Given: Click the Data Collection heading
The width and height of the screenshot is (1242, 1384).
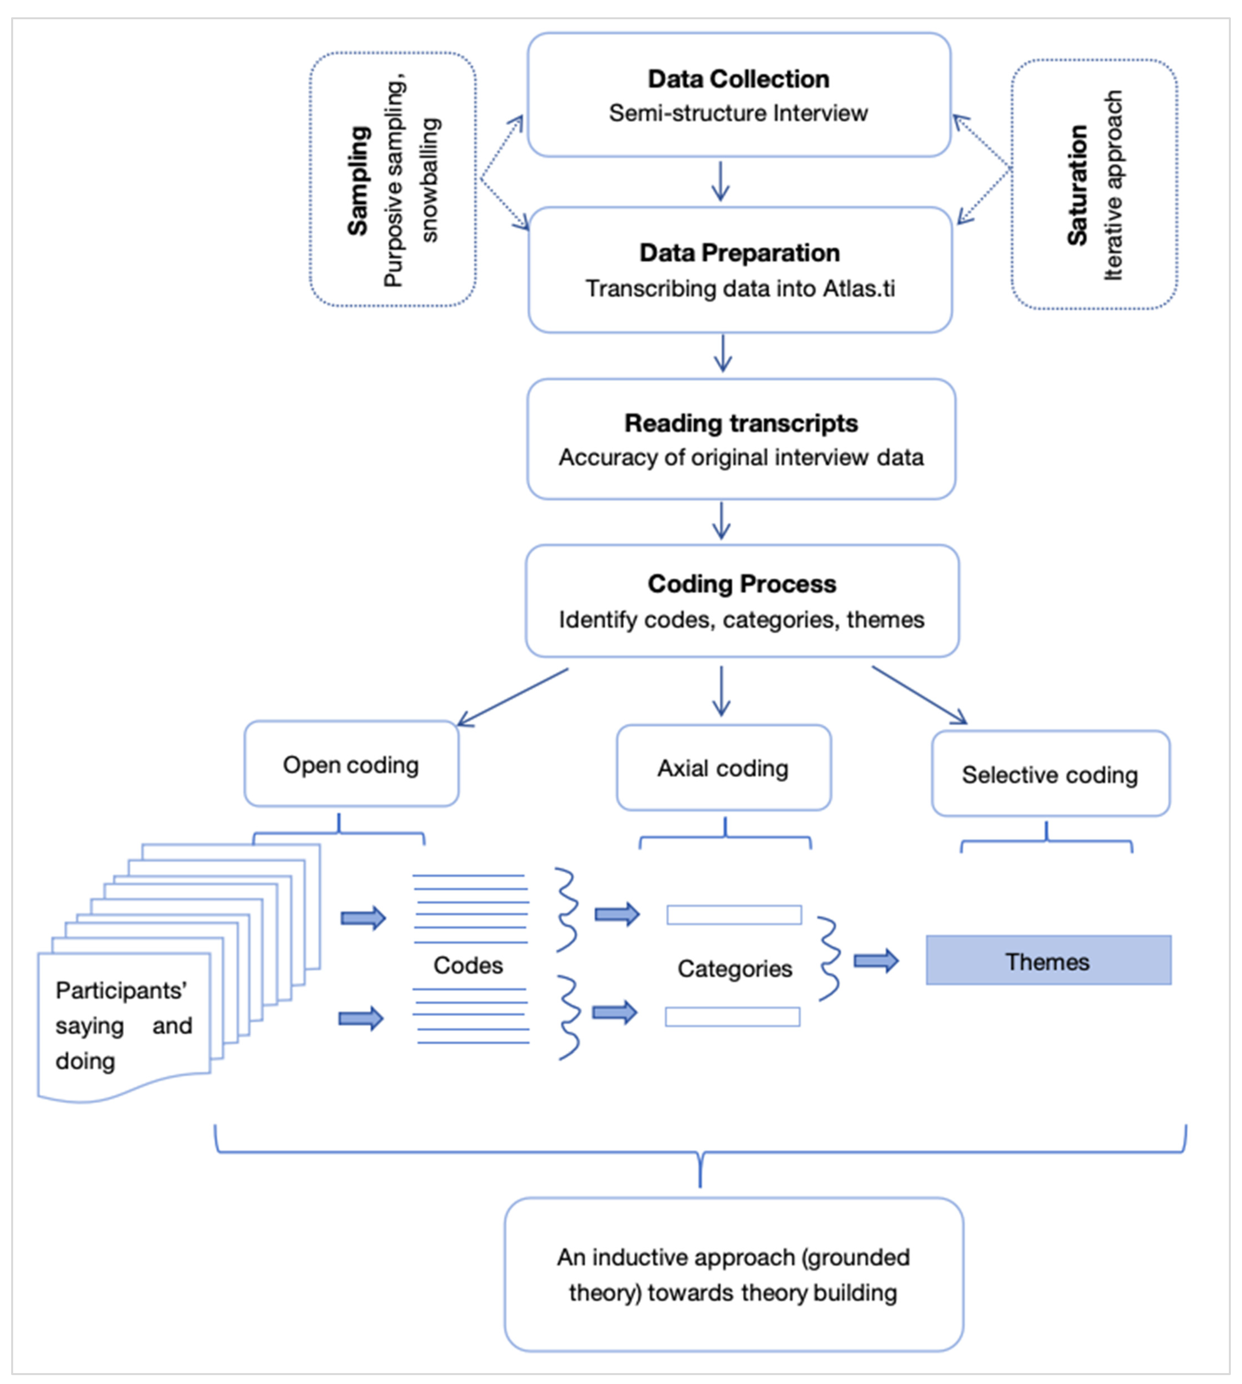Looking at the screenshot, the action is pyautogui.click(x=738, y=79).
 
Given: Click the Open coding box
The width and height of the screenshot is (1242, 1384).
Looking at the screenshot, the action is pyautogui.click(x=351, y=764).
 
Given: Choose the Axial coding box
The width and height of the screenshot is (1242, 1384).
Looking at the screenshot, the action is pyautogui.click(x=723, y=768).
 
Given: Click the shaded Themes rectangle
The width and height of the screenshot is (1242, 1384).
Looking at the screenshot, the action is pyautogui.click(x=1048, y=960).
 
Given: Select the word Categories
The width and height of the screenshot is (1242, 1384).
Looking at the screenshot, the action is pyautogui.click(x=735, y=968).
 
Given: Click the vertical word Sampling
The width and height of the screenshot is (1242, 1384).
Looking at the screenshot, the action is pyautogui.click(x=358, y=181).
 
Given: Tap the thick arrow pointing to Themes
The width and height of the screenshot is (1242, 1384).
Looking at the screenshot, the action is pyautogui.click(x=876, y=961).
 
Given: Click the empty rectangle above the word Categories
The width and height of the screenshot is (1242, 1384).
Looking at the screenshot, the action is pyautogui.click(x=734, y=915).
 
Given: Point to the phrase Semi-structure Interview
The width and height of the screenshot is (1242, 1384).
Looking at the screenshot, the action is pyautogui.click(x=738, y=112).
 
